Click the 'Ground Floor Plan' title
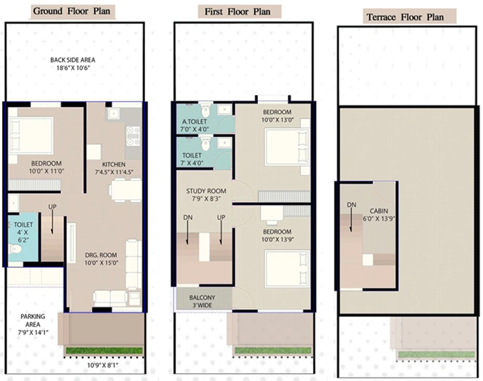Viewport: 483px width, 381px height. (71, 11)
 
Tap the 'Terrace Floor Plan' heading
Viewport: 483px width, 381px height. (405, 17)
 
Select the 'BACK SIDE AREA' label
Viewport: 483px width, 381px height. (73, 60)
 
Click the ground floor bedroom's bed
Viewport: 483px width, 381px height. (31, 135)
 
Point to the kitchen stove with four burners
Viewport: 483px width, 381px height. (133, 136)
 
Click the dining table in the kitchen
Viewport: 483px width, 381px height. (126, 190)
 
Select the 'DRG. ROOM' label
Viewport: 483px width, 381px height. (101, 255)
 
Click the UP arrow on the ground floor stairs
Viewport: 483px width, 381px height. (52, 221)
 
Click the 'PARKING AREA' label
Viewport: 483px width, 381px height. (33, 320)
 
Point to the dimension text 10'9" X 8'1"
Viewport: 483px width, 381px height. (103, 366)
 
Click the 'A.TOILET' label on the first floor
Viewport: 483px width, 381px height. (194, 122)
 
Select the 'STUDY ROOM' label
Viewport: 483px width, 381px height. (206, 191)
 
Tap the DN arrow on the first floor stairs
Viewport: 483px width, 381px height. (187, 232)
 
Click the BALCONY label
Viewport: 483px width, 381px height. (202, 298)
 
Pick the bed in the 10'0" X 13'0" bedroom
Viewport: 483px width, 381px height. (287, 147)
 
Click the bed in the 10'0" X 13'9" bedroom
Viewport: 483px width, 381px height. (287, 269)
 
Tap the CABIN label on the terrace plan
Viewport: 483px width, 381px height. (379, 211)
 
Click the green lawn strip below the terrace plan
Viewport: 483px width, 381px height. (437, 354)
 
